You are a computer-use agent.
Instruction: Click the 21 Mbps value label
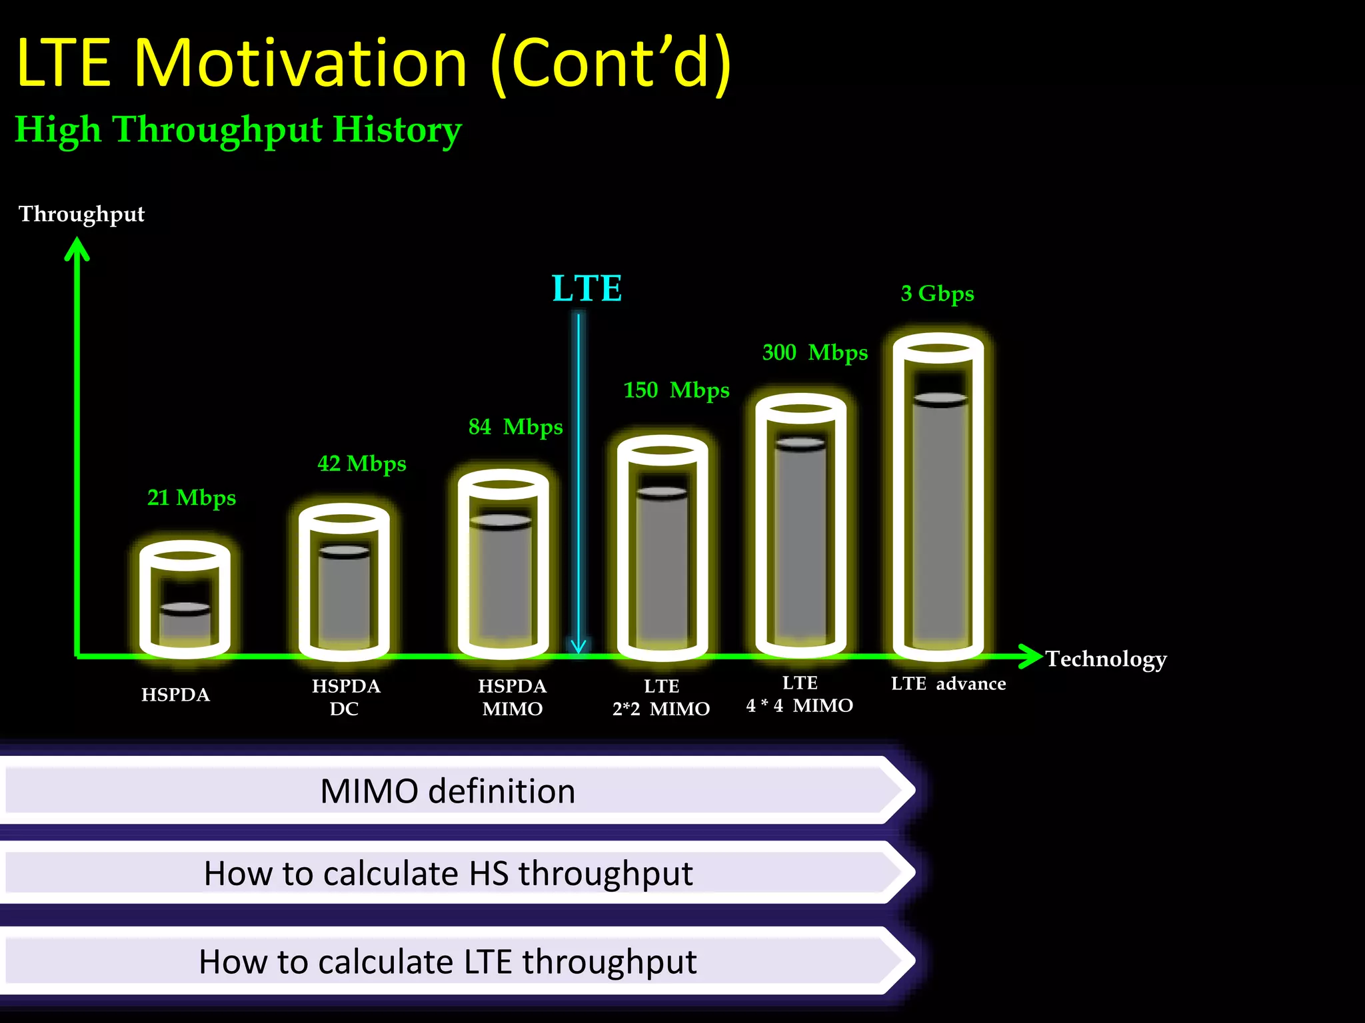[x=191, y=498]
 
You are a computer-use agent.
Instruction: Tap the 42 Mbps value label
[x=361, y=463]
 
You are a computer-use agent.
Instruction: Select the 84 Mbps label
[x=515, y=426]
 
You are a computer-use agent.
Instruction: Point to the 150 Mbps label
[x=676, y=390]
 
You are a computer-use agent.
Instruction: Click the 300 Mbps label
[x=814, y=352]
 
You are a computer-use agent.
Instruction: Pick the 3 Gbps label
[x=937, y=293]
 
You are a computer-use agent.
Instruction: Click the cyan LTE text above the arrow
[x=587, y=288]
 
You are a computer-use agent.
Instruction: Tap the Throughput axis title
[x=81, y=214]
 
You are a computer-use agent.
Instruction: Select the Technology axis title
[x=1106, y=659]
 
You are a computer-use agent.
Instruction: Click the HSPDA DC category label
[x=345, y=697]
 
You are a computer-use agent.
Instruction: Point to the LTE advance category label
[x=948, y=683]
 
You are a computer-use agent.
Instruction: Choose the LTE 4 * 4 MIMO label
[x=799, y=694]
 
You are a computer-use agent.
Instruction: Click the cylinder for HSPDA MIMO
[x=503, y=566]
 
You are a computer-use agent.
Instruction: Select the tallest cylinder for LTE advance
[x=938, y=496]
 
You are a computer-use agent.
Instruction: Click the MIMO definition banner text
[x=447, y=791]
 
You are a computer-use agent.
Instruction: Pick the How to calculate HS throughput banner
[x=448, y=873]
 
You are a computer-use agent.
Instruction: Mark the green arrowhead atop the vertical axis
[x=77, y=249]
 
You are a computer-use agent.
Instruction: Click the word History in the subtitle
[x=397, y=129]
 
